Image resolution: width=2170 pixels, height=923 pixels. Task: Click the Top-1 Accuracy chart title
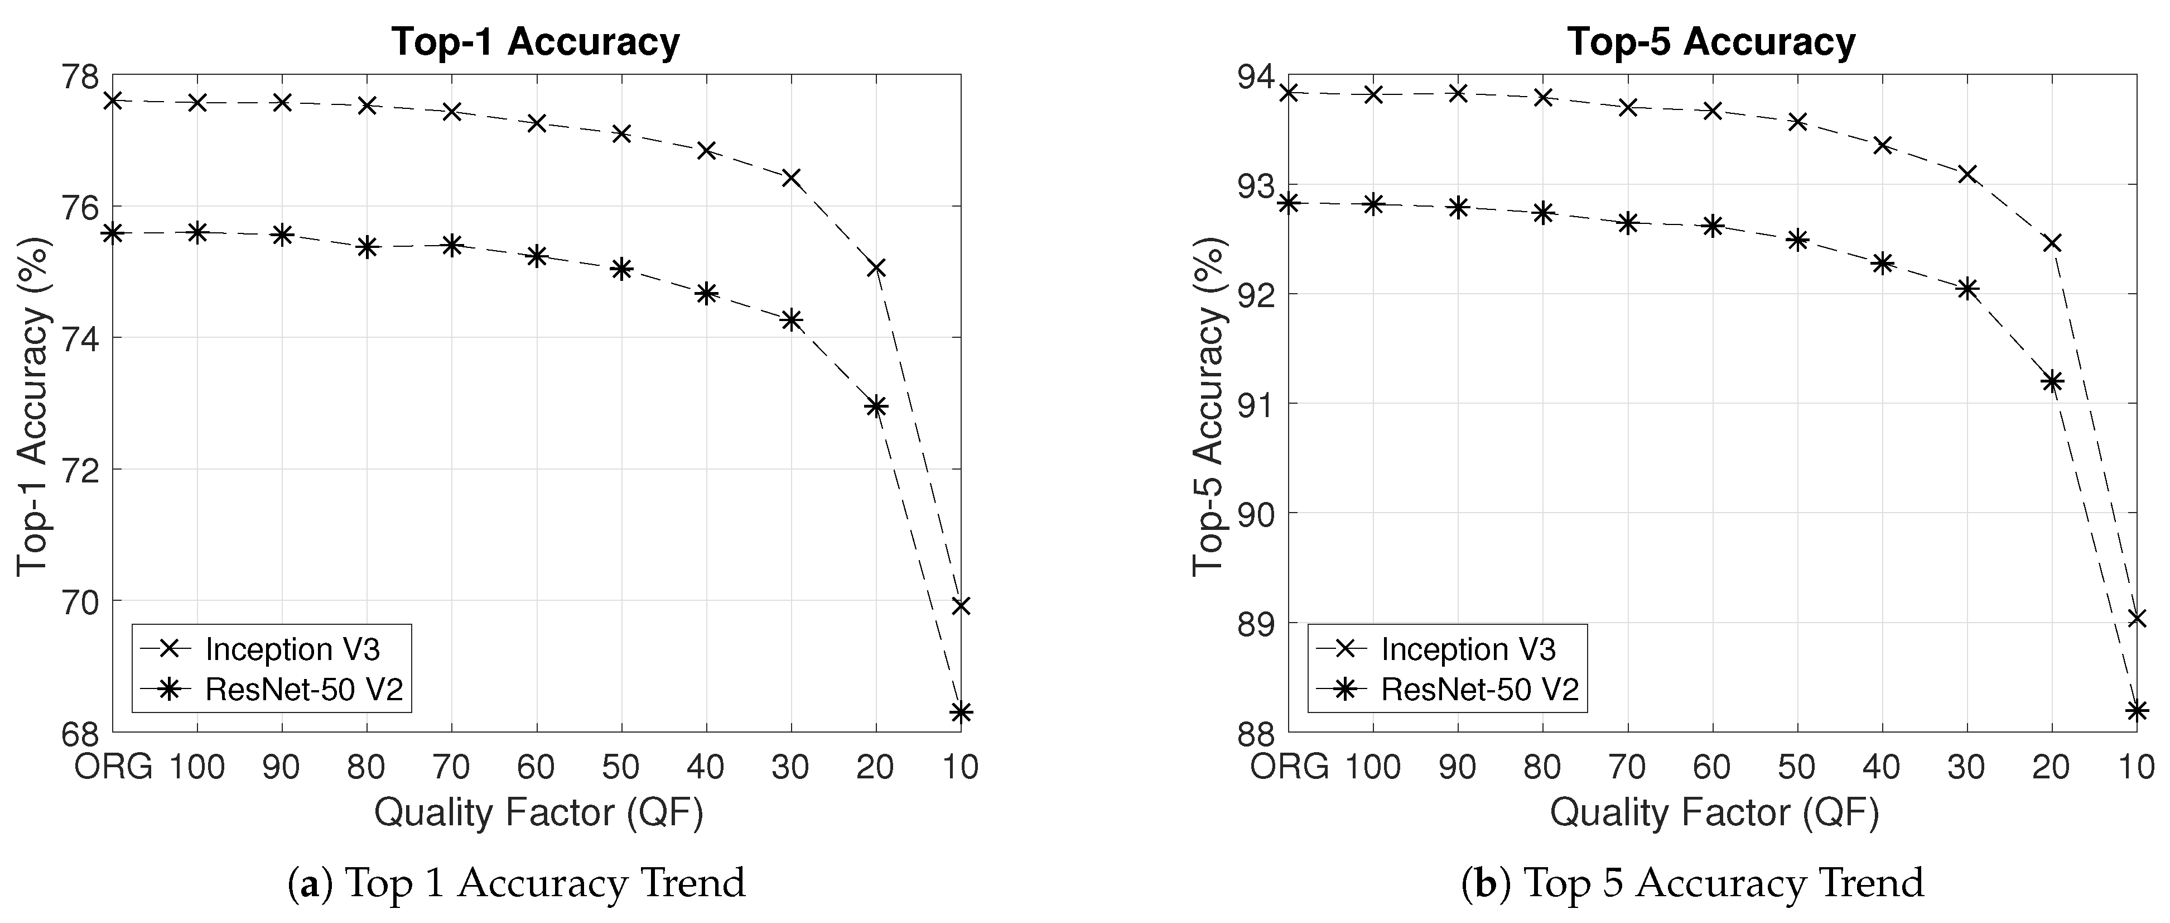click(x=535, y=42)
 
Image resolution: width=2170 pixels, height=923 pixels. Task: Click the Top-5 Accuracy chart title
click(x=1711, y=42)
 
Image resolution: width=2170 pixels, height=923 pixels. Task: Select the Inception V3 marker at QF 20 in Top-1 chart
click(x=876, y=268)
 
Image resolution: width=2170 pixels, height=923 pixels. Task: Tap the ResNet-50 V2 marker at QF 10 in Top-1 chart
click(x=961, y=712)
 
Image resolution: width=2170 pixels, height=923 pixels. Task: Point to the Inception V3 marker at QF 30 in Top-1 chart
click(x=791, y=177)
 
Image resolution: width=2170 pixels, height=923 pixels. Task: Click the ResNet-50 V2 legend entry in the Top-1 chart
click(x=304, y=690)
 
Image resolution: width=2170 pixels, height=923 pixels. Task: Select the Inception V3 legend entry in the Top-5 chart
click(x=1468, y=649)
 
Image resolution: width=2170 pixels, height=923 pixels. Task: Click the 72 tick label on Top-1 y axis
click(x=79, y=470)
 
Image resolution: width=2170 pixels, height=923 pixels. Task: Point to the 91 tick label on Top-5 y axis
click(x=1255, y=404)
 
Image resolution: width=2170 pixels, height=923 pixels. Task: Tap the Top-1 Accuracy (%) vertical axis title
click(x=33, y=405)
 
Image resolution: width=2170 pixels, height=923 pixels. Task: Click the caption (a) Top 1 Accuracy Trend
click(x=517, y=883)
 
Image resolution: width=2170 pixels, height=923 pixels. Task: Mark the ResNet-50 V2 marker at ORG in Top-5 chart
click(x=1289, y=203)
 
